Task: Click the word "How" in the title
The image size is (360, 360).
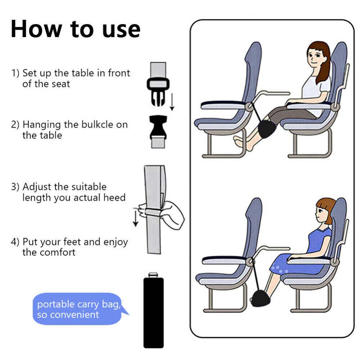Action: [36, 29]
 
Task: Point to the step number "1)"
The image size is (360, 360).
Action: [15, 73]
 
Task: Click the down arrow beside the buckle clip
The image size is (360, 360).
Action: [172, 102]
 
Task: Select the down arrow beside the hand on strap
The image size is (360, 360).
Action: [136, 219]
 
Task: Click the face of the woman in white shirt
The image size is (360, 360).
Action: [314, 55]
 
